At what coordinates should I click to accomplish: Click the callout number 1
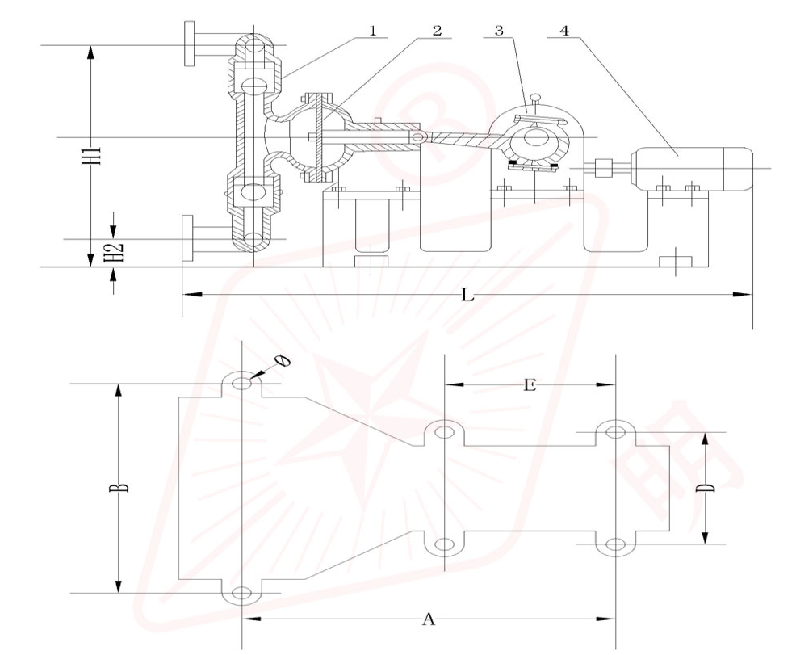point(372,31)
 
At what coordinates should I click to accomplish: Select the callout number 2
point(437,31)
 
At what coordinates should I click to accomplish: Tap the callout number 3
point(500,31)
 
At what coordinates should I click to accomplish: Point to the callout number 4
point(563,31)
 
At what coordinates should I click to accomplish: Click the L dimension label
point(466,296)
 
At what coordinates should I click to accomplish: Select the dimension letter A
point(429,619)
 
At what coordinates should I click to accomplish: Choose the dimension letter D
point(704,487)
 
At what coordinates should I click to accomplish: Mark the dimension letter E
point(529,385)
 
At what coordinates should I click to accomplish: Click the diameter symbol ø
point(283,361)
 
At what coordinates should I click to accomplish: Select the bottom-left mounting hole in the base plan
point(241,594)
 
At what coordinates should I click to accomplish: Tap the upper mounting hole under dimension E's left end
point(443,432)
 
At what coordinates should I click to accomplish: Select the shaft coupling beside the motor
point(601,169)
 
